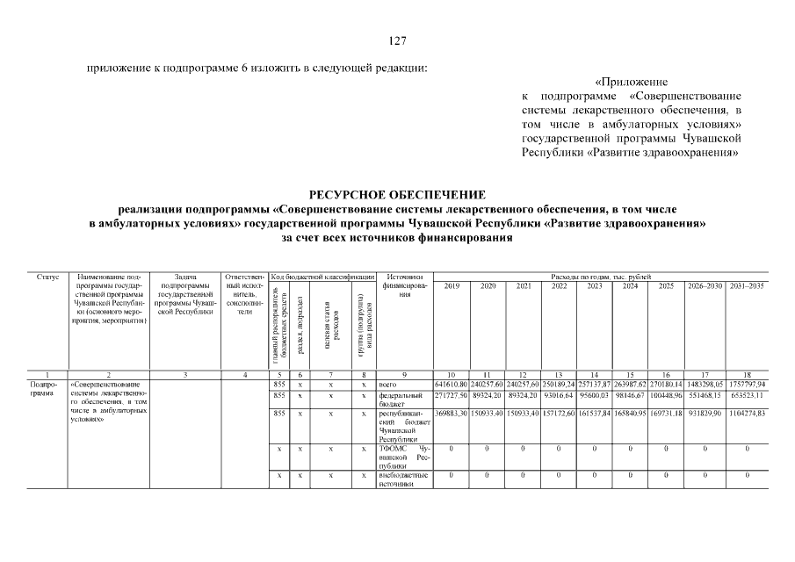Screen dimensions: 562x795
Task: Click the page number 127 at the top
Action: click(397, 40)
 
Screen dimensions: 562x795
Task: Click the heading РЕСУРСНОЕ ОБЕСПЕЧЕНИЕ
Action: click(397, 194)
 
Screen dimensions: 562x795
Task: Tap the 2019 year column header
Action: click(452, 286)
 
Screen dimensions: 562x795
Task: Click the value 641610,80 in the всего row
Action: click(452, 385)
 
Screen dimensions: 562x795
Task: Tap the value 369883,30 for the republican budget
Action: click(452, 413)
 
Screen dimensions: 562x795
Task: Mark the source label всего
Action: click(389, 385)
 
